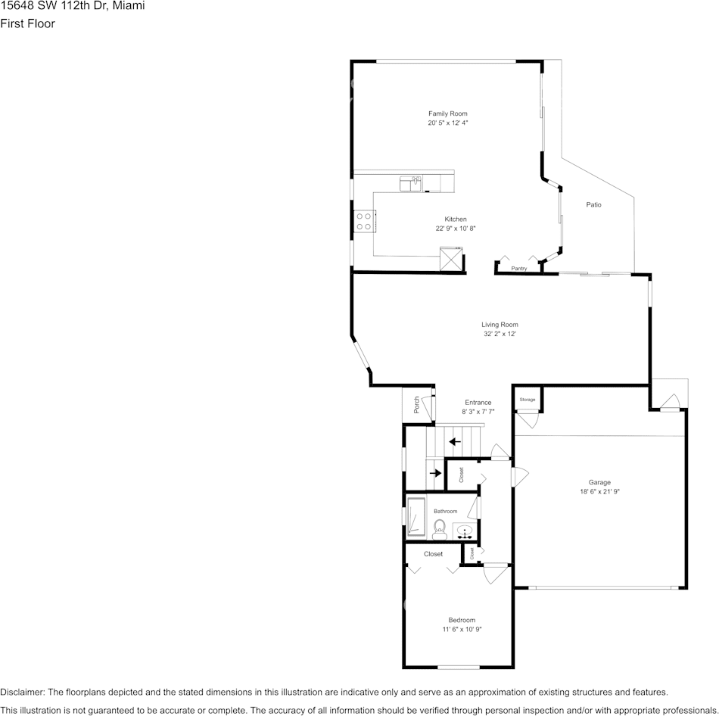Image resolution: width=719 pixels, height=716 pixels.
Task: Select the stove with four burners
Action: click(364, 221)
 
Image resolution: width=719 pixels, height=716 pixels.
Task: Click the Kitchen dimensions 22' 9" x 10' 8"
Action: click(455, 229)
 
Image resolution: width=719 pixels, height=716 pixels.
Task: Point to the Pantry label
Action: click(519, 268)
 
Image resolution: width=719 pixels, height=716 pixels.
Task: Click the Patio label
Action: click(594, 205)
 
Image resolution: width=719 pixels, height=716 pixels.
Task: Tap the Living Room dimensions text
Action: click(500, 334)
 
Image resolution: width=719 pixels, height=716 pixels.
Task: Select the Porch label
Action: click(416, 405)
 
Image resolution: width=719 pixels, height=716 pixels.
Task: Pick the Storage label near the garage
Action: click(528, 399)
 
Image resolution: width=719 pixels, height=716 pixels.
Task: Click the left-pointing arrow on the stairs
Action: click(455, 441)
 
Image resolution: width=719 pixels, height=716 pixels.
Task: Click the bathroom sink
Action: click(465, 530)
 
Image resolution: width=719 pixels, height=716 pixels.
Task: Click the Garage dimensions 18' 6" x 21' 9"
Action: click(600, 491)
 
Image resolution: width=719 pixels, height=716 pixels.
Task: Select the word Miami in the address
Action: click(129, 5)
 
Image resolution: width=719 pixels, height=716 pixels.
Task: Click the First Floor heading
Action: click(27, 23)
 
